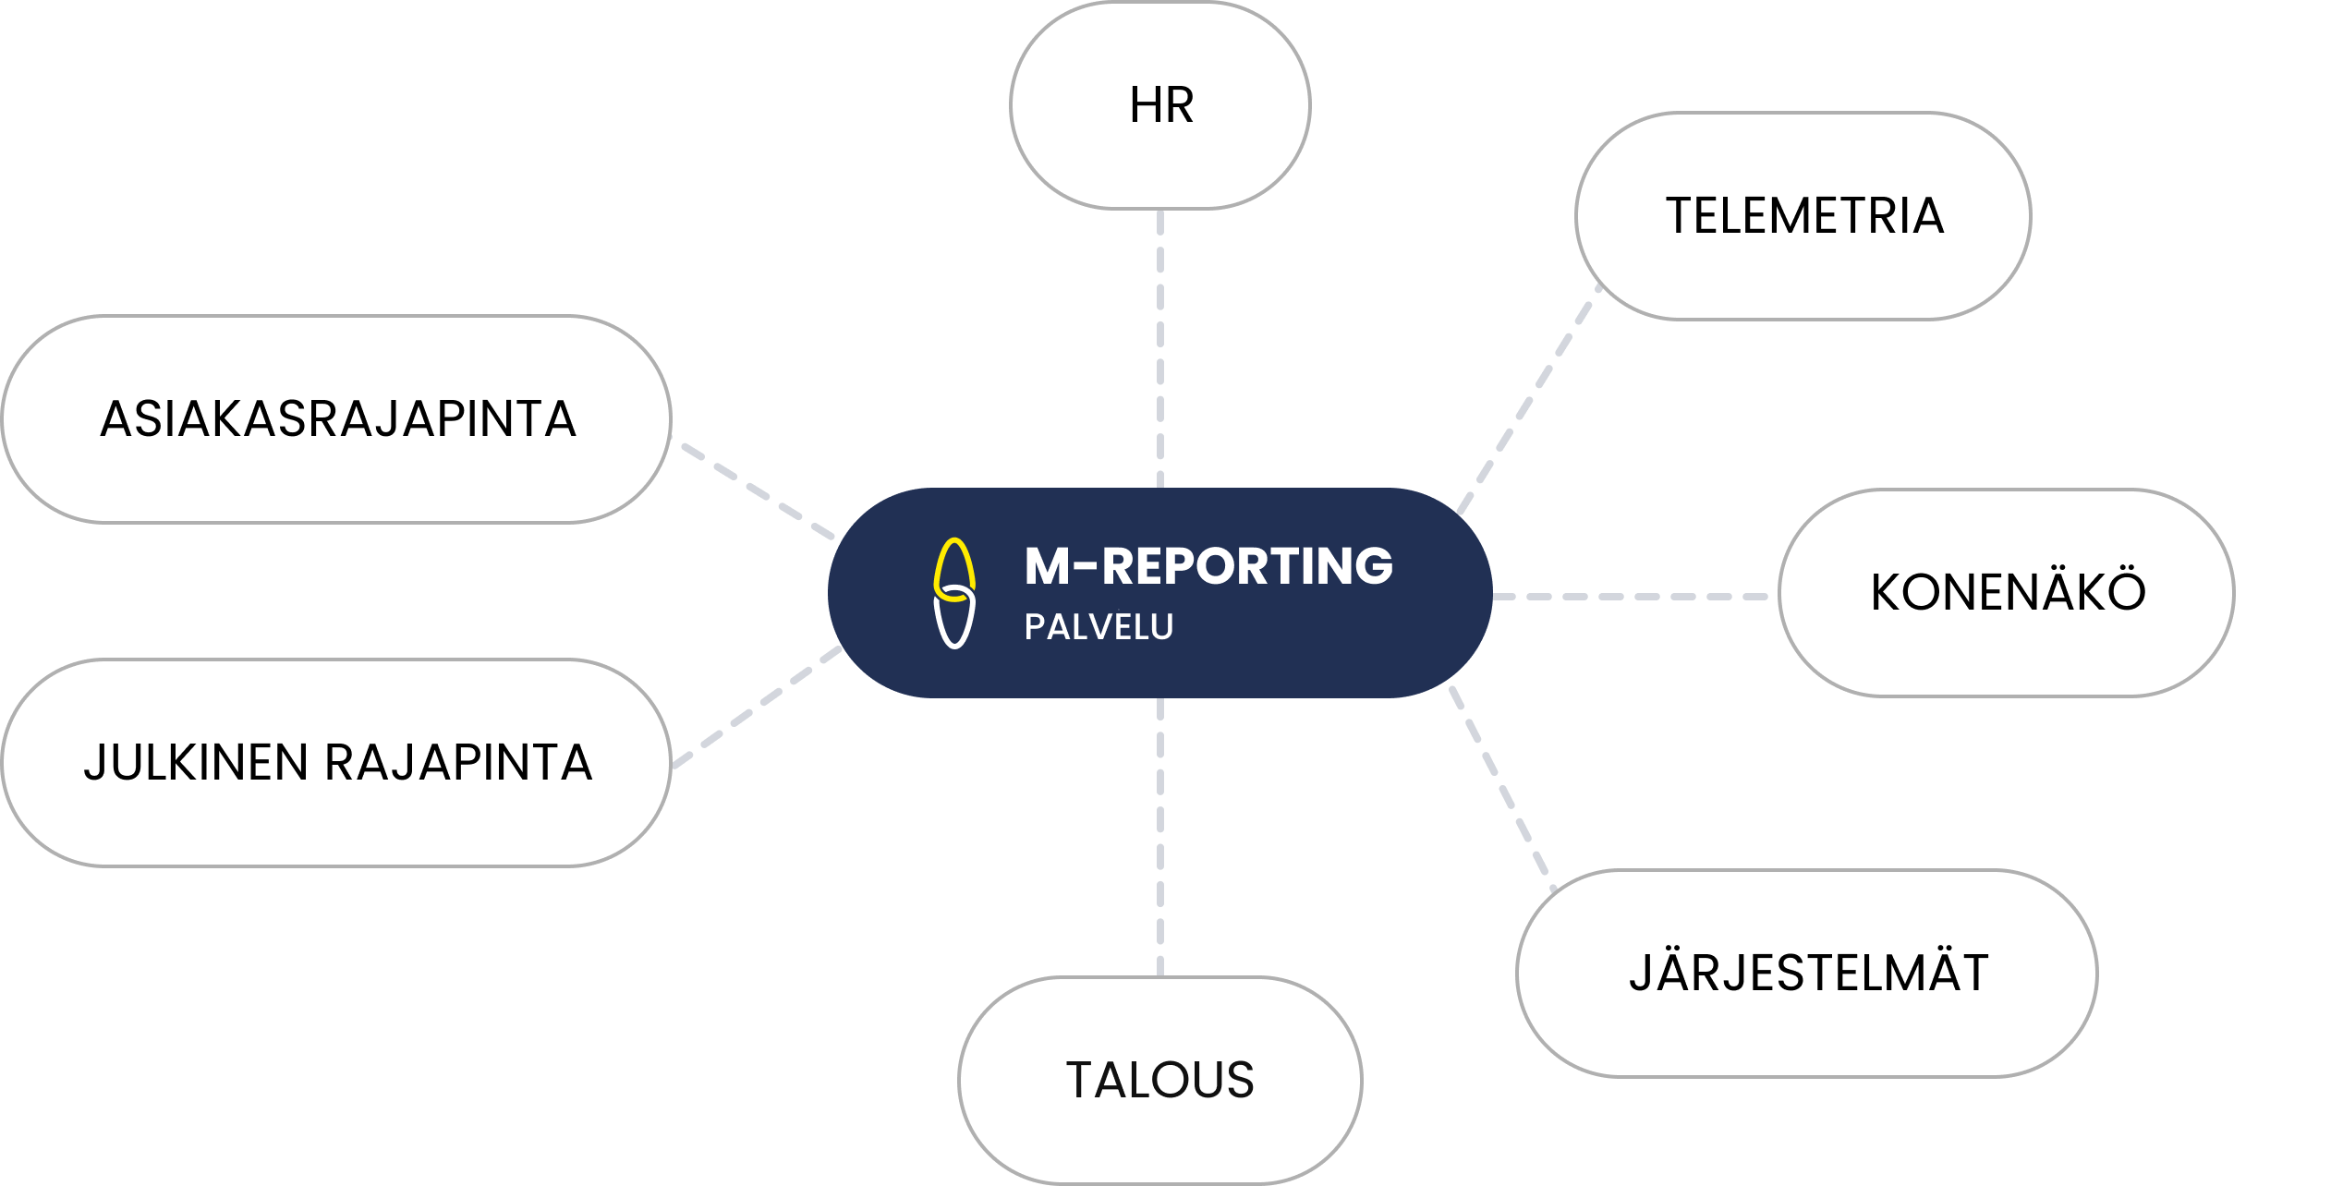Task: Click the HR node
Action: click(1160, 105)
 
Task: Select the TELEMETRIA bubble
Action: click(1803, 216)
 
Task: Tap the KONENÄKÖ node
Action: click(2007, 592)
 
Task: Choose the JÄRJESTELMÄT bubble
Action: click(1807, 973)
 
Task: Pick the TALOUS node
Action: click(1160, 1080)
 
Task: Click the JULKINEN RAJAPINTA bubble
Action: click(336, 763)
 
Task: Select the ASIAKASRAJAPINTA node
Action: click(336, 419)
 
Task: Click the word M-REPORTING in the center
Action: click(1208, 566)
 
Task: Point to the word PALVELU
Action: click(1099, 627)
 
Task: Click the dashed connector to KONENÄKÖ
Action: click(1632, 597)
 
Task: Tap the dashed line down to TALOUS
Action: click(1160, 837)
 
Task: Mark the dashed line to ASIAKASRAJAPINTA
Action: click(758, 490)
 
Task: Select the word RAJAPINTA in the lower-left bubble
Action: click(458, 763)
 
